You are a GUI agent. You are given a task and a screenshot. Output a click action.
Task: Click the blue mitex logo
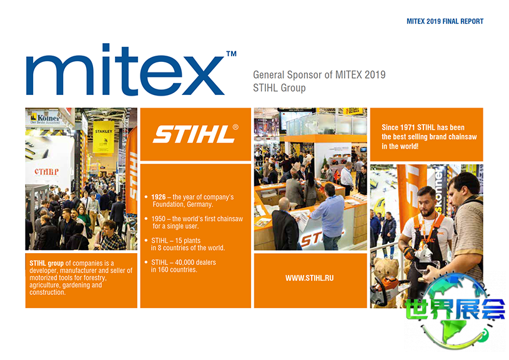click(x=125, y=69)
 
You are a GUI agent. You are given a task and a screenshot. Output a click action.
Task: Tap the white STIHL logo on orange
click(x=194, y=134)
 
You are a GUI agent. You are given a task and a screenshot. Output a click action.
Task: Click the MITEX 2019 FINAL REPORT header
click(x=445, y=21)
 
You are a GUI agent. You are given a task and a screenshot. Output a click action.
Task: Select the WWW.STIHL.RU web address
click(x=309, y=278)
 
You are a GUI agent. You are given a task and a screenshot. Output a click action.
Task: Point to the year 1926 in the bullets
click(x=159, y=197)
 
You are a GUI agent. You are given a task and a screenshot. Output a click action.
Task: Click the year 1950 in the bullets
click(x=159, y=219)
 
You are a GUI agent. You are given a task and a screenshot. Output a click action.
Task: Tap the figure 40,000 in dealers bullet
click(x=195, y=262)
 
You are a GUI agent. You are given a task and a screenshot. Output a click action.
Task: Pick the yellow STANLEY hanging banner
click(x=104, y=137)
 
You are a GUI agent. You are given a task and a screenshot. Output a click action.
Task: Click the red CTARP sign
click(x=47, y=171)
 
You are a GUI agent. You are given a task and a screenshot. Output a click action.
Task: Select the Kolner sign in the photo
click(x=46, y=118)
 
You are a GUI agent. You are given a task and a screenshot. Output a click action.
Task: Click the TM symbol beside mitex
click(x=232, y=54)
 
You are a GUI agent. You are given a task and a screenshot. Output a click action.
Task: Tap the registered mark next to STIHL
click(x=235, y=127)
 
